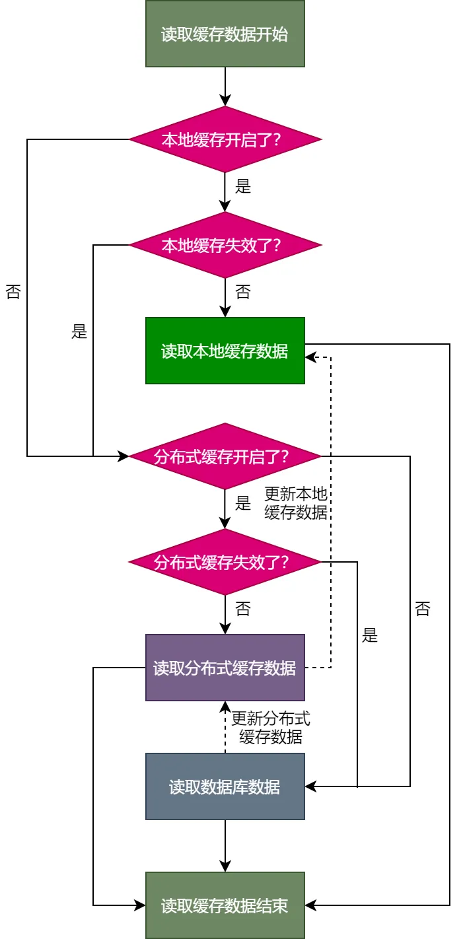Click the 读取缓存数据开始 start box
point(225,34)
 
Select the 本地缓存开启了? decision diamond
point(225,139)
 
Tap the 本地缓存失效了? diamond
point(225,245)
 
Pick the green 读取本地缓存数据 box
point(225,351)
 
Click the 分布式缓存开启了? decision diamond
point(225,456)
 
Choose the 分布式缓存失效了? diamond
point(225,562)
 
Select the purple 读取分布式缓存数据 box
point(225,668)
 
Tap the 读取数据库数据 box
point(225,786)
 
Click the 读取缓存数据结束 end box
point(225,905)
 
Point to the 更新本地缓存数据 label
point(296,503)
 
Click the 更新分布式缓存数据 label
point(271,728)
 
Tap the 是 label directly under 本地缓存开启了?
point(243,186)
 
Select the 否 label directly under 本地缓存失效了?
point(243,292)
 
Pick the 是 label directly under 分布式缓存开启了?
point(243,503)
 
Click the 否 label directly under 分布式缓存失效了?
point(243,609)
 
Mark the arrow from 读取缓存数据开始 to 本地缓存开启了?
point(225,87)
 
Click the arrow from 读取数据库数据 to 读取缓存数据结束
point(225,846)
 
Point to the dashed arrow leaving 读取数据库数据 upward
point(225,727)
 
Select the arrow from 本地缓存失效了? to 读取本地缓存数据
point(225,298)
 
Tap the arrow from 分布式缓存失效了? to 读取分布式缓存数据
point(225,615)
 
